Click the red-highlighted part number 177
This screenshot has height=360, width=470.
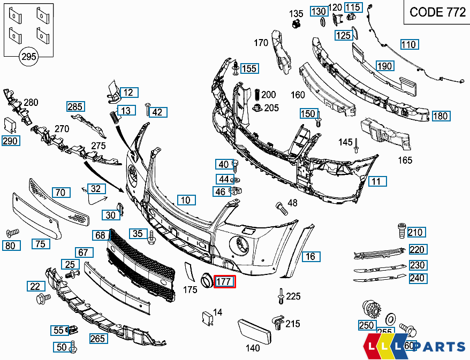(x=224, y=281)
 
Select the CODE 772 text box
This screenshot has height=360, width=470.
(x=437, y=12)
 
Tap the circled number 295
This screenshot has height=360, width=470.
(x=29, y=56)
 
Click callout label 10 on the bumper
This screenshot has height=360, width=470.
(x=185, y=200)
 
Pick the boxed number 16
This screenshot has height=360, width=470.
(x=310, y=256)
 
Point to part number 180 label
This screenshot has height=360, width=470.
(x=440, y=116)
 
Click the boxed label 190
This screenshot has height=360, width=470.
(x=384, y=66)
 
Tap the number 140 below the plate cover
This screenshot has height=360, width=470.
(x=253, y=348)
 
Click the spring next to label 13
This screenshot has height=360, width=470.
(x=113, y=116)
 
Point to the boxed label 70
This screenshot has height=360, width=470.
(x=61, y=192)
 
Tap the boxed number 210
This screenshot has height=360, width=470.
(x=416, y=232)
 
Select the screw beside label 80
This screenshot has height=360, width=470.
(x=12, y=233)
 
